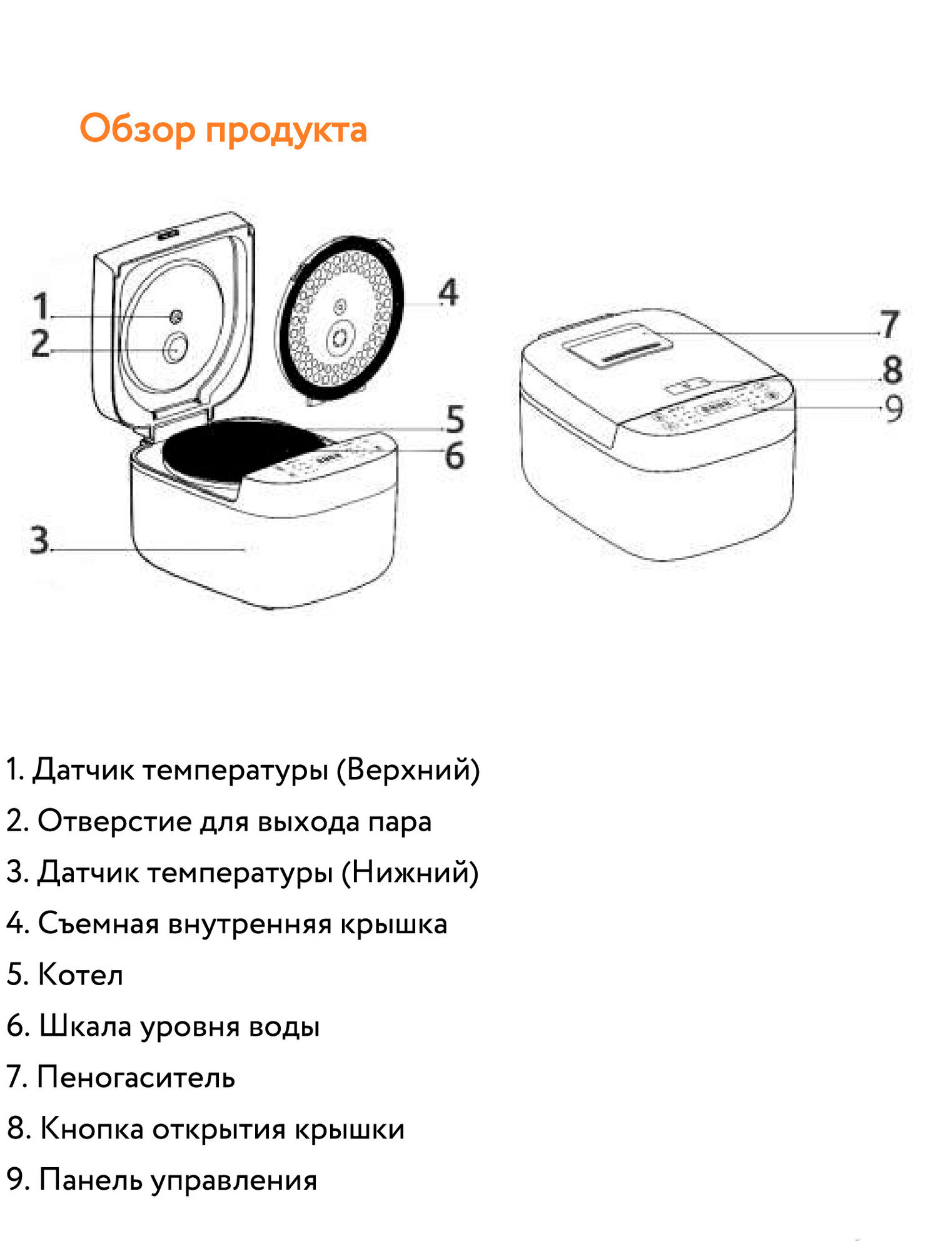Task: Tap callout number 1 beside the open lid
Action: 41,306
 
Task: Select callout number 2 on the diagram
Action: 41,343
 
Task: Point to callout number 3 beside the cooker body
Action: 39,540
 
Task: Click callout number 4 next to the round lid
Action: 448,293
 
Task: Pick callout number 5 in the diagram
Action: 455,419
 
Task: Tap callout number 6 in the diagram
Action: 455,455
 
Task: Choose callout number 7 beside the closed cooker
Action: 889,324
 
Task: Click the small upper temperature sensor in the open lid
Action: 176,317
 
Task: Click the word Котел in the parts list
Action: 81,975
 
